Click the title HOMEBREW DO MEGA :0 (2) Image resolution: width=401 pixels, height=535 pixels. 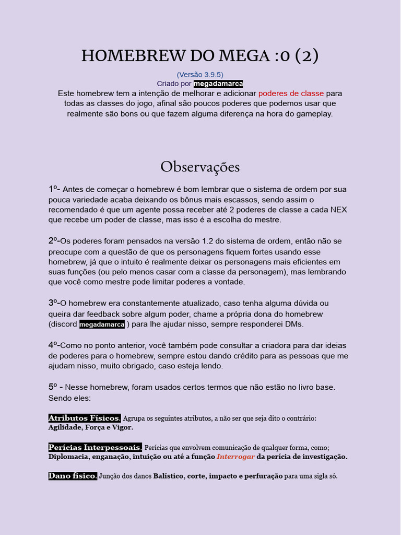click(200, 55)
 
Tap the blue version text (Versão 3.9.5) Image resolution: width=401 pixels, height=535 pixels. click(200, 74)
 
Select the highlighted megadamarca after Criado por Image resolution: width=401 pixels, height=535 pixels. click(218, 84)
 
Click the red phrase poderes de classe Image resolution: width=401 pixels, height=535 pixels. click(291, 93)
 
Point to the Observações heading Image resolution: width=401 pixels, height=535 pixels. click(200, 167)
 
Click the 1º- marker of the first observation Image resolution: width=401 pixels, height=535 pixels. click(54, 189)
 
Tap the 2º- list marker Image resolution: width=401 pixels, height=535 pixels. click(54, 241)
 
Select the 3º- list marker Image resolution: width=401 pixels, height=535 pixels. click(54, 303)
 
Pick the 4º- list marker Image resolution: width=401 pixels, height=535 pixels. click(54, 345)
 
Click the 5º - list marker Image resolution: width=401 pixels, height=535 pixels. click(56, 387)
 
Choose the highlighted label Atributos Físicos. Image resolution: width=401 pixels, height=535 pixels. click(85, 418)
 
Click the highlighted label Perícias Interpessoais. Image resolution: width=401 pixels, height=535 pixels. click(95, 448)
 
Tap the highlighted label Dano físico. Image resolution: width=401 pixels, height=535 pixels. click(73, 476)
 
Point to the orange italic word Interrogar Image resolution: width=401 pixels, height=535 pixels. click(235, 457)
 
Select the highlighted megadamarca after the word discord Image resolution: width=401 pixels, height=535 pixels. click(102, 324)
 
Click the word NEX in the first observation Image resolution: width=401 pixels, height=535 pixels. click(338, 210)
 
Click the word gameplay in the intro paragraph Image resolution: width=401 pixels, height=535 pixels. click(313, 114)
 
